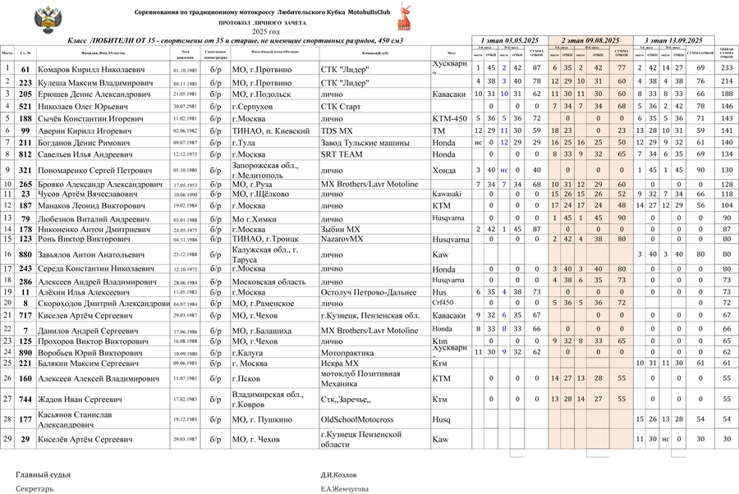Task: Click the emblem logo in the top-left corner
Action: (x=41, y=17)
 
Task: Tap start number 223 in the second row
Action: (x=25, y=83)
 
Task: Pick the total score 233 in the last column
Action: (x=727, y=69)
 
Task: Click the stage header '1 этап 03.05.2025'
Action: (x=509, y=40)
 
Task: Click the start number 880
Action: (x=25, y=255)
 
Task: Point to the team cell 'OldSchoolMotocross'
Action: (x=358, y=419)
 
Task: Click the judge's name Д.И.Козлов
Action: (x=338, y=474)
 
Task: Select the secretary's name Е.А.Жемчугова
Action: (x=346, y=488)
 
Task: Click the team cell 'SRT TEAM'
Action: (x=342, y=154)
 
